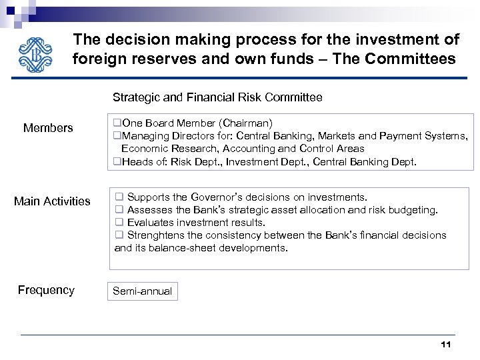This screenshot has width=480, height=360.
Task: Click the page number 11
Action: [x=446, y=345]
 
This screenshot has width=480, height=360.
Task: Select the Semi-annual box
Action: [x=143, y=291]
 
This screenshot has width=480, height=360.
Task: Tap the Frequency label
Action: [x=46, y=290]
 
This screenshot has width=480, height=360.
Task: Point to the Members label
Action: [x=48, y=128]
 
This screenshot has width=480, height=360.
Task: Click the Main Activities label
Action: [x=52, y=201]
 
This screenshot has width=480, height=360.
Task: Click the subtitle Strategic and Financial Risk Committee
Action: [x=217, y=97]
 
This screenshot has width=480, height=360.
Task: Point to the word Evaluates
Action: [x=150, y=223]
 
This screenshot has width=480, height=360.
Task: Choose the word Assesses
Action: [x=149, y=210]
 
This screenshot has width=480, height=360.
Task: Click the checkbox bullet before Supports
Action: [x=119, y=197]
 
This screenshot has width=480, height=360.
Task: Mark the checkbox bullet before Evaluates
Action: [x=119, y=223]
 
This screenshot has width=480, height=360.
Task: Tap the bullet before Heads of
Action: [x=117, y=161]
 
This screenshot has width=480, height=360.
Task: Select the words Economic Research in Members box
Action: [x=169, y=149]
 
